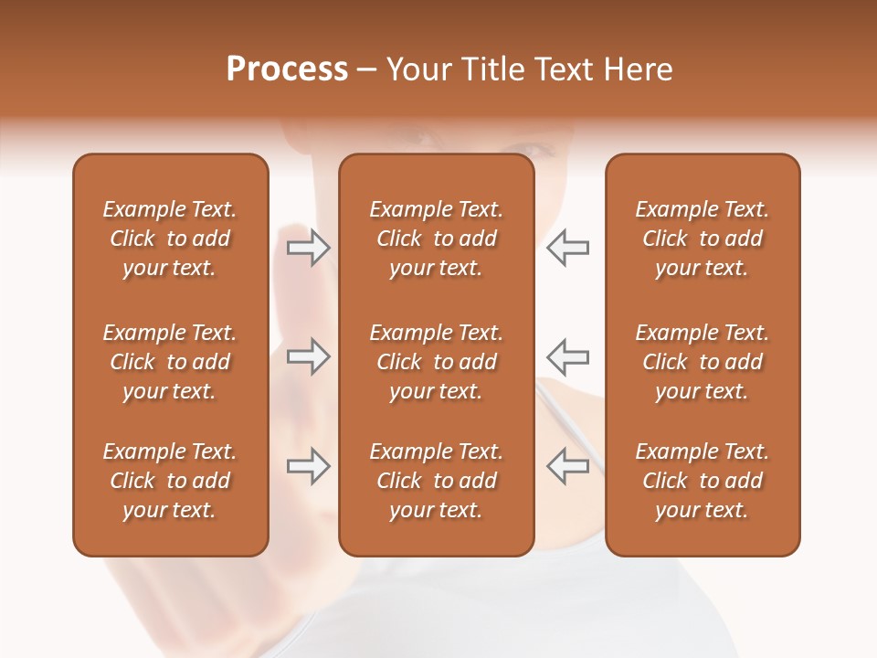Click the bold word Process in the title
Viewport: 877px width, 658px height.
tap(287, 69)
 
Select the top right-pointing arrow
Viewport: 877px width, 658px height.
tap(308, 248)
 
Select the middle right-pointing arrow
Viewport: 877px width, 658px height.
tap(308, 356)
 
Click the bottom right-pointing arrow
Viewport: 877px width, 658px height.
tap(308, 466)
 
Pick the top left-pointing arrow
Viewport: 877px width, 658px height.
tap(568, 248)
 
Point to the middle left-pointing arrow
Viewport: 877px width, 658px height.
tap(568, 356)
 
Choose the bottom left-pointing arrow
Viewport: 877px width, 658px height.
tap(568, 466)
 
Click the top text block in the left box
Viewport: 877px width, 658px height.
tap(170, 239)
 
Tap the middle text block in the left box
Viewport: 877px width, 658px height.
tap(170, 362)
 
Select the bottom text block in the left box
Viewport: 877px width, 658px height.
tap(170, 481)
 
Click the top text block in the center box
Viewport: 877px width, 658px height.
tap(436, 239)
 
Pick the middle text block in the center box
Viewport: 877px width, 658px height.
tap(436, 362)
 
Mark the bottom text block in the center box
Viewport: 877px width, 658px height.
tap(436, 481)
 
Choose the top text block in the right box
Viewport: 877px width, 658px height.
tap(702, 239)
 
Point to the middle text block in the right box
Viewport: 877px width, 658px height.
tap(702, 362)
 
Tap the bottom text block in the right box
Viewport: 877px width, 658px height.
tap(702, 481)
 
